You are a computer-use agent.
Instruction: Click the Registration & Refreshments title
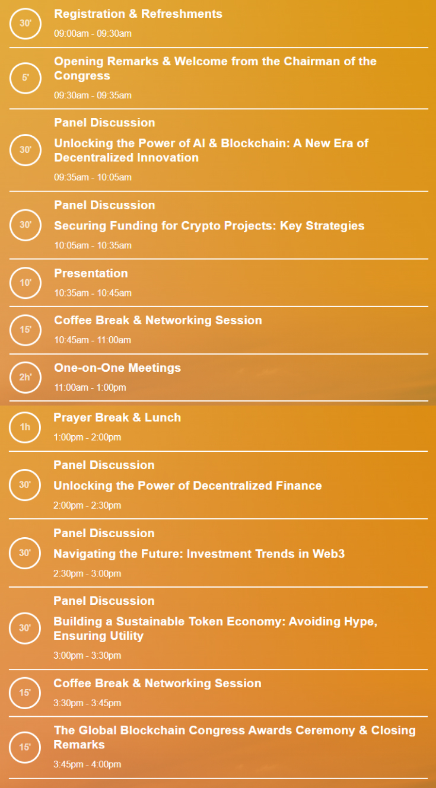pyautogui.click(x=138, y=14)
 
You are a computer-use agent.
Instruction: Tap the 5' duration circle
pyautogui.click(x=26, y=78)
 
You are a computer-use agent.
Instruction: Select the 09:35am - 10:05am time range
pyautogui.click(x=93, y=177)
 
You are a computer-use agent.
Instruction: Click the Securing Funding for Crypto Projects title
pyautogui.click(x=209, y=226)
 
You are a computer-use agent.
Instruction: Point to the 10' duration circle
pyautogui.click(x=26, y=283)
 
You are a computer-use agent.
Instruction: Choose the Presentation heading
pyautogui.click(x=91, y=273)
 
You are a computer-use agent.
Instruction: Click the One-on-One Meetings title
pyautogui.click(x=117, y=368)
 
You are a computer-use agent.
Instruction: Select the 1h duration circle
pyautogui.click(x=25, y=427)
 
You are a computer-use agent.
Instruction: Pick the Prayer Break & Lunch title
pyautogui.click(x=117, y=417)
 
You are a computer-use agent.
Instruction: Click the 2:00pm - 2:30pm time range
pyautogui.click(x=87, y=506)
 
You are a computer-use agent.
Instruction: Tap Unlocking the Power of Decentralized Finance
pyautogui.click(x=187, y=486)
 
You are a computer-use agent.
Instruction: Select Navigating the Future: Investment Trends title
pyautogui.click(x=199, y=554)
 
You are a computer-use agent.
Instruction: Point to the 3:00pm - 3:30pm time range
pyautogui.click(x=87, y=656)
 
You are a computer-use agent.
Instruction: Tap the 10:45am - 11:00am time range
pyautogui.click(x=93, y=340)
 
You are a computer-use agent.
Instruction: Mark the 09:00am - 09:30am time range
pyautogui.click(x=93, y=34)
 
